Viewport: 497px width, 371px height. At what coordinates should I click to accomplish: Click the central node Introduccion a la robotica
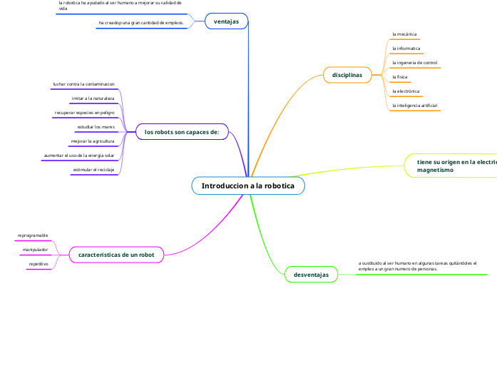click(x=247, y=185)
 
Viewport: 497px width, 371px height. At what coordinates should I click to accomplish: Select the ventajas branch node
click(x=226, y=21)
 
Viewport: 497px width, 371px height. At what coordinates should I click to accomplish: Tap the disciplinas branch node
click(x=347, y=75)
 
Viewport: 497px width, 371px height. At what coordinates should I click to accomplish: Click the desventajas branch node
click(x=311, y=274)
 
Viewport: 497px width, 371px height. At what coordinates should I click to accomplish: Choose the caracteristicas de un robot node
click(x=116, y=254)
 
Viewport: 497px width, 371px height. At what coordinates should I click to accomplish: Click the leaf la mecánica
click(x=404, y=34)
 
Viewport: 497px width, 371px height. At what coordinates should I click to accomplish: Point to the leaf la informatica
click(x=406, y=49)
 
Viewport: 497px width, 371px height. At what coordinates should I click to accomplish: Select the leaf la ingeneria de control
click(x=415, y=63)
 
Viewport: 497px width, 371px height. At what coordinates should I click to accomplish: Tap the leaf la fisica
click(x=400, y=77)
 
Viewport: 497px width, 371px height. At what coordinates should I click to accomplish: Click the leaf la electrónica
click(x=406, y=91)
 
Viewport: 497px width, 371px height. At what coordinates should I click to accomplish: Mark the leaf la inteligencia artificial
click(x=415, y=106)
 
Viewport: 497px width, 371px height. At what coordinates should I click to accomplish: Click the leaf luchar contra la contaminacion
click(x=83, y=84)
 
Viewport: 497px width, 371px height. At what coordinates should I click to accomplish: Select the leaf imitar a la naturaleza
click(x=93, y=98)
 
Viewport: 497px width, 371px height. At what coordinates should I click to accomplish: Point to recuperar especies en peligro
click(x=84, y=113)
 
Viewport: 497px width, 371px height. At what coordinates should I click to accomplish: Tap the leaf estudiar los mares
click(x=96, y=127)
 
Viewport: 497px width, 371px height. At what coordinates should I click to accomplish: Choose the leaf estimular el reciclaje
click(x=93, y=170)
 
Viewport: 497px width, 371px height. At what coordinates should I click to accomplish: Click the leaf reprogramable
click(x=33, y=235)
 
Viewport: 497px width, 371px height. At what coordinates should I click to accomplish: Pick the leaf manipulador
click(x=35, y=250)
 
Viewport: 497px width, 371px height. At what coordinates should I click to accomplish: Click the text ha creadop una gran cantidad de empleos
click(x=141, y=23)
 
